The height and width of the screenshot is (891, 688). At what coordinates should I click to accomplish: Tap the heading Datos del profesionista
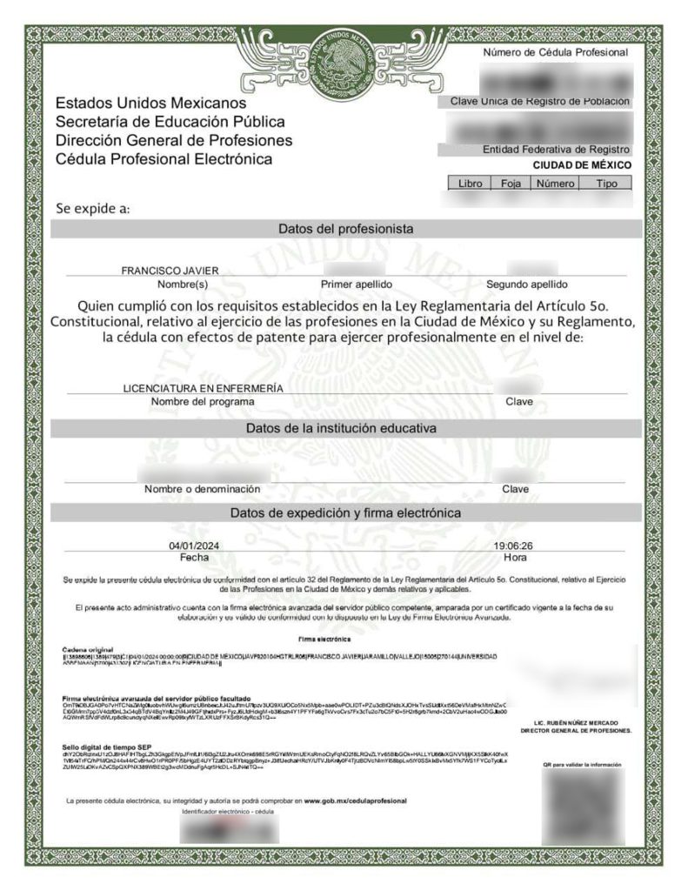click(x=345, y=229)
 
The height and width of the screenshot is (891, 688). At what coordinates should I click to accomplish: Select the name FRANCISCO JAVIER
click(x=170, y=271)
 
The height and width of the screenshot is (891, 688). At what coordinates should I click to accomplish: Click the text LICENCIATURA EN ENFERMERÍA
click(x=203, y=388)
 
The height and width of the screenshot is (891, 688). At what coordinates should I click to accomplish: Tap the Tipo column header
click(x=607, y=184)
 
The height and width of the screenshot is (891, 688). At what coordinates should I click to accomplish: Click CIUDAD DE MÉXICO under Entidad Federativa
click(x=582, y=165)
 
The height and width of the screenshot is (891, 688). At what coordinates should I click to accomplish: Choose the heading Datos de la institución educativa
click(x=345, y=429)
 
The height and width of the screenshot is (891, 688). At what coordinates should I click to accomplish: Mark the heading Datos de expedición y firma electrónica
click(x=345, y=513)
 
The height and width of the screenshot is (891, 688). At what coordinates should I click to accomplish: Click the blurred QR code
click(x=584, y=805)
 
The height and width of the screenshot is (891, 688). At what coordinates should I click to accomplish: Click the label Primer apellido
click(x=357, y=285)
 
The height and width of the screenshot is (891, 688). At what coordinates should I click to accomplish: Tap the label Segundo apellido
click(x=526, y=285)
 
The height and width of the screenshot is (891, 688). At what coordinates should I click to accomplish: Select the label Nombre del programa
click(x=203, y=402)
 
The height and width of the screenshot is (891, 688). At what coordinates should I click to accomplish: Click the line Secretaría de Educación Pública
click(x=170, y=123)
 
